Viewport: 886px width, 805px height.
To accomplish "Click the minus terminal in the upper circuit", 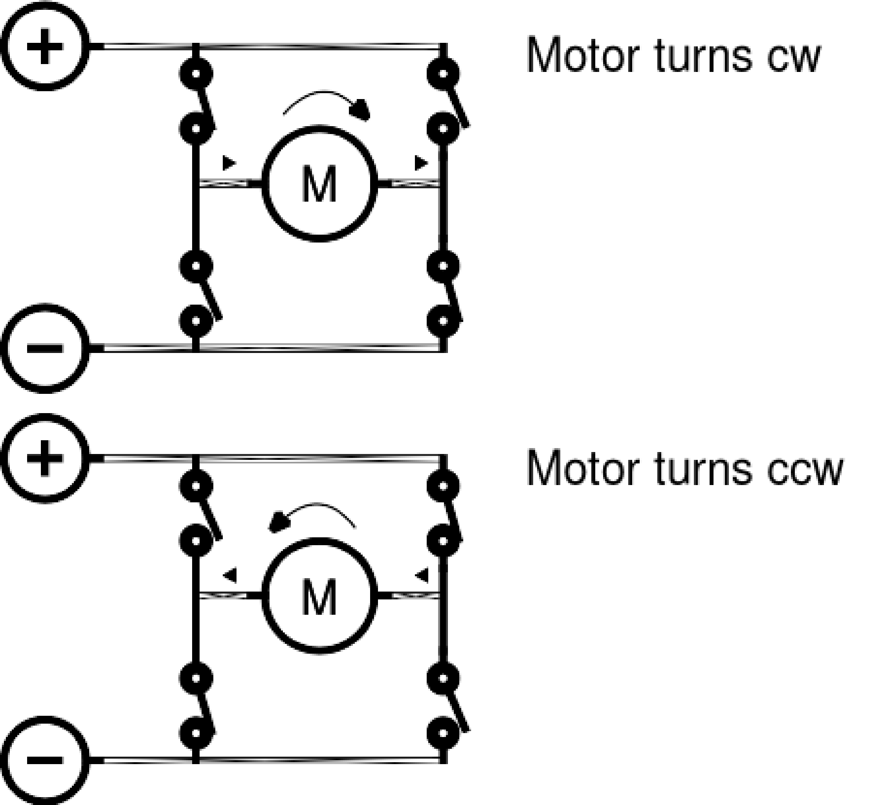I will [x=45, y=348].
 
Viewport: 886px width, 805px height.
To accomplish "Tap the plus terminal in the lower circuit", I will [x=45, y=458].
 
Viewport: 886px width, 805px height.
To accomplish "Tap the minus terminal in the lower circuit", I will [x=45, y=760].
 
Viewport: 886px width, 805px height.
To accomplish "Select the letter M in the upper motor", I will [x=319, y=184].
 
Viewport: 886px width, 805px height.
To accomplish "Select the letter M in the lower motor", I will [x=319, y=597].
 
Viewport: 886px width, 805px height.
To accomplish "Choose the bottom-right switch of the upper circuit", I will [x=445, y=294].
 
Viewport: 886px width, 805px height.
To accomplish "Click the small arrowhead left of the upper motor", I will [x=229, y=163].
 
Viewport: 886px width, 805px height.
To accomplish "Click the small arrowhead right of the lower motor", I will [x=422, y=575].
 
